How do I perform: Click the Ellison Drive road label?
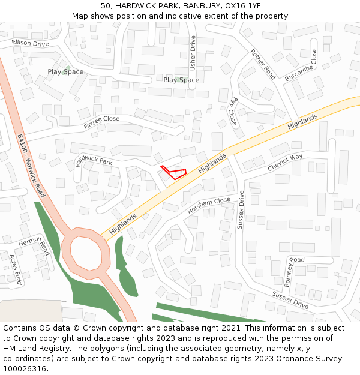coord(30,43)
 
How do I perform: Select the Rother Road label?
coord(263,64)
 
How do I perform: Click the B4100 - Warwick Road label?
coord(31,166)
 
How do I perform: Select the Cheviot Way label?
coord(285,163)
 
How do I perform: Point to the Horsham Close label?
coord(208,206)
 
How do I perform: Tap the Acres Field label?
coord(15,269)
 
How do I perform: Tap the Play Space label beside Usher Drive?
coord(181,80)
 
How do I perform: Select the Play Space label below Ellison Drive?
coord(65,72)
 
